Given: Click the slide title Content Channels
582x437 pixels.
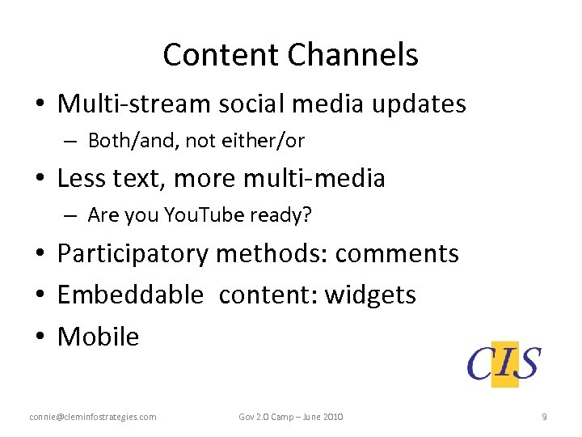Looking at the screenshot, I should [290, 55].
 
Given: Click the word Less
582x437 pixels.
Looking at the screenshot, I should [82, 178].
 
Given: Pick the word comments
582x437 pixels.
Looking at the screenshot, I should [396, 253].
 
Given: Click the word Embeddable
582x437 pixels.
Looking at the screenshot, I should [130, 295].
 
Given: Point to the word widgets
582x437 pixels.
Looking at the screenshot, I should [370, 295].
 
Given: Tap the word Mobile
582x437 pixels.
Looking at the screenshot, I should [98, 336].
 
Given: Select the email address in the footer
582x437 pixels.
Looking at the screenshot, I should [93, 417].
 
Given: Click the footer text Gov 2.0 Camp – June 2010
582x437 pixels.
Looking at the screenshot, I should [291, 417].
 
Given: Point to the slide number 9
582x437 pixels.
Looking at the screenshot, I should [544, 417].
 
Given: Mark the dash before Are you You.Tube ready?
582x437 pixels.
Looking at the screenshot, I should [71, 216].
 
